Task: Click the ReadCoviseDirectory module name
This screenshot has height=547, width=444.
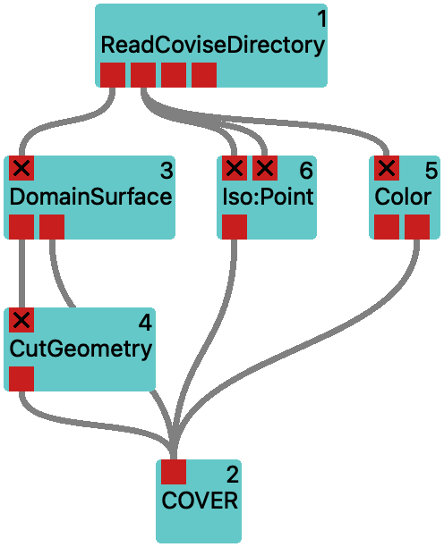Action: click(213, 46)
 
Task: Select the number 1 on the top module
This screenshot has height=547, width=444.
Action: click(322, 19)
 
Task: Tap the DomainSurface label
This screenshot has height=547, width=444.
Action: click(90, 197)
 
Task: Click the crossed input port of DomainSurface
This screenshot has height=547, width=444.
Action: click(21, 168)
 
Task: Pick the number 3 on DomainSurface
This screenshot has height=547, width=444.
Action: click(166, 171)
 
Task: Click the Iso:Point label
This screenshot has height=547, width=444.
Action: click(268, 197)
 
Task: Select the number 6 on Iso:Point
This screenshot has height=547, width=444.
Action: click(306, 171)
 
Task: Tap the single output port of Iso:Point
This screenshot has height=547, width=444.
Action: click(235, 227)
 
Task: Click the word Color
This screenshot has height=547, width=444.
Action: click(403, 197)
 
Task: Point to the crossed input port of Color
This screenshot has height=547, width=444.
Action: click(387, 168)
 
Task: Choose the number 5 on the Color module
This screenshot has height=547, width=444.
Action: click(431, 171)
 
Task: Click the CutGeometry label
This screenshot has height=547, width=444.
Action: click(81, 349)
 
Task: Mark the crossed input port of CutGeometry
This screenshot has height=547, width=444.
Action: click(21, 320)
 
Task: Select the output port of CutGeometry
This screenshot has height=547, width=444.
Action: click(21, 379)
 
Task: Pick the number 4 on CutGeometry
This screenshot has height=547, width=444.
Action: click(145, 323)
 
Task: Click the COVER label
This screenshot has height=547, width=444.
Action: click(200, 501)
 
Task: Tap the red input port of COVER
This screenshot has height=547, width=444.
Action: click(174, 472)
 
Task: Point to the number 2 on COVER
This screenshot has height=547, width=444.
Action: click(233, 475)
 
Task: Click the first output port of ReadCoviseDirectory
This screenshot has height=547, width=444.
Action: click(113, 75)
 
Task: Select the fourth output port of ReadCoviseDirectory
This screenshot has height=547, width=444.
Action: click(204, 75)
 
